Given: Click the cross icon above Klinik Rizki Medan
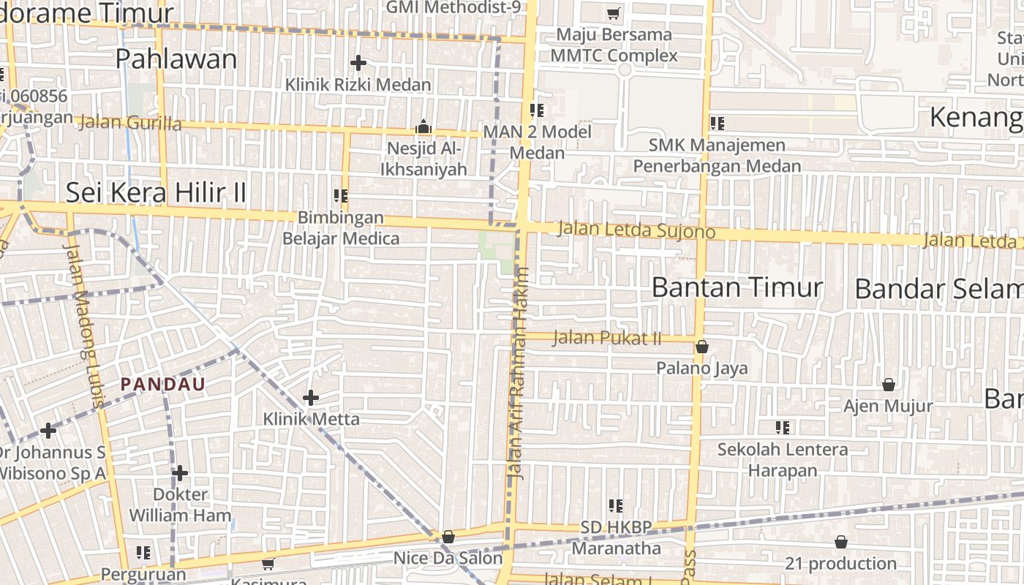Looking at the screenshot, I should tap(358, 63).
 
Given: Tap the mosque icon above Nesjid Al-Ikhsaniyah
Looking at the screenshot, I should tap(423, 127).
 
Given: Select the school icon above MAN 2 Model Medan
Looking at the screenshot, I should tap(537, 110).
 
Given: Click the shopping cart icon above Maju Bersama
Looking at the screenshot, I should tap(614, 13).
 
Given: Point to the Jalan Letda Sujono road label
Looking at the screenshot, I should tap(636, 230).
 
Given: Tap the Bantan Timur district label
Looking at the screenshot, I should tap(737, 287).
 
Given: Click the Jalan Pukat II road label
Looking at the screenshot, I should tap(607, 338).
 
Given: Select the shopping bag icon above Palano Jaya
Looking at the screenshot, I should tap(701, 347).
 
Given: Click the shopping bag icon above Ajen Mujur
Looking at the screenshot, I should tap(889, 385).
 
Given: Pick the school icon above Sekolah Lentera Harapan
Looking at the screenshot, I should tap(783, 427).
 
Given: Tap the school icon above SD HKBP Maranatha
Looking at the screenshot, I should tap(615, 505).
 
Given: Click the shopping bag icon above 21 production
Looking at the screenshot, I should tap(841, 542).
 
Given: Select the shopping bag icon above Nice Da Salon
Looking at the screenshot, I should tap(448, 537).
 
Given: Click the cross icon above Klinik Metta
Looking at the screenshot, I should tap(311, 398).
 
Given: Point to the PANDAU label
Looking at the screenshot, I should tap(163, 384).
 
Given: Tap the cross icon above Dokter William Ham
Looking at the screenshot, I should tap(179, 473).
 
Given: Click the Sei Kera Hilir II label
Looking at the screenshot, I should tap(156, 192).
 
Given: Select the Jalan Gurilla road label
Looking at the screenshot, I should tap(129, 122).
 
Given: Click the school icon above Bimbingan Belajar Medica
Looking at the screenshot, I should tap(341, 196).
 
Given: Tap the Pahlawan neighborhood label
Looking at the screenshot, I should tap(176, 59).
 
